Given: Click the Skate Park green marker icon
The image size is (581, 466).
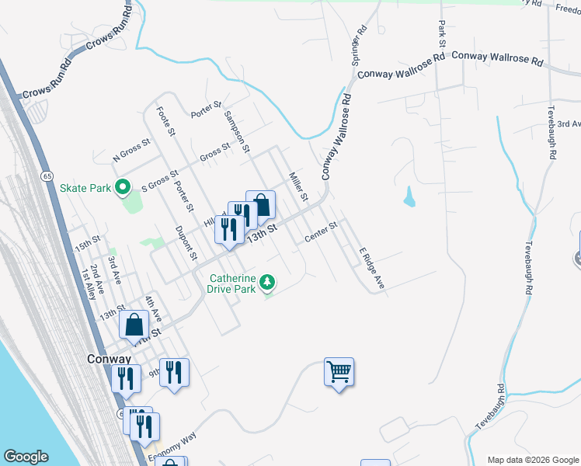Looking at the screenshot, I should click(x=122, y=187).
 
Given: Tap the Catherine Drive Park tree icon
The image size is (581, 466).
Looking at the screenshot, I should click(x=268, y=282).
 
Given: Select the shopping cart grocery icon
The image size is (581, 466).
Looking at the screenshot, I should click(x=339, y=374).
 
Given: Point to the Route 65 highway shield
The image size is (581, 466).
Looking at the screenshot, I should click(x=48, y=177).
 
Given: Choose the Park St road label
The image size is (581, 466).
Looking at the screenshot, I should click(x=441, y=34).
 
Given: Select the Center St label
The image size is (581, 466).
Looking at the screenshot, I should click(x=321, y=231).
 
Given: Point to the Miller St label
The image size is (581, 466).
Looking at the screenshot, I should click(x=298, y=186).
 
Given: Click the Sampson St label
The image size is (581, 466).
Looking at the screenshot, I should click(x=235, y=130).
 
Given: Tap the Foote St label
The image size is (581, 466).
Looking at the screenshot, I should click(x=164, y=120).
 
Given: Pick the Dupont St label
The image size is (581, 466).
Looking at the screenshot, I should click(x=186, y=244).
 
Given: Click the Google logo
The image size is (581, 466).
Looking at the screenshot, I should click(x=26, y=457).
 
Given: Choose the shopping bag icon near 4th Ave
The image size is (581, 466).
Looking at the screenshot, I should click(x=134, y=325).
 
